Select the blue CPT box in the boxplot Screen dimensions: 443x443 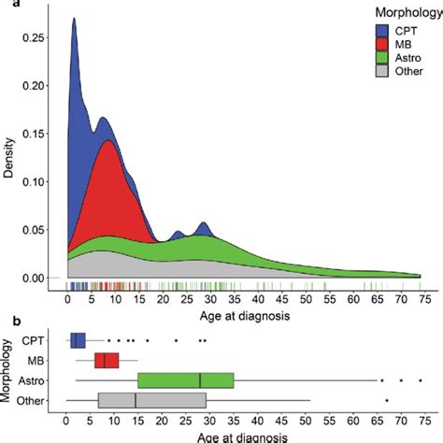point(78,340)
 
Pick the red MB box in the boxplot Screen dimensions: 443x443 point(107,360)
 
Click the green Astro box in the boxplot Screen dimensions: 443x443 point(185,380)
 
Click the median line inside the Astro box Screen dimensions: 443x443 point(200,380)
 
